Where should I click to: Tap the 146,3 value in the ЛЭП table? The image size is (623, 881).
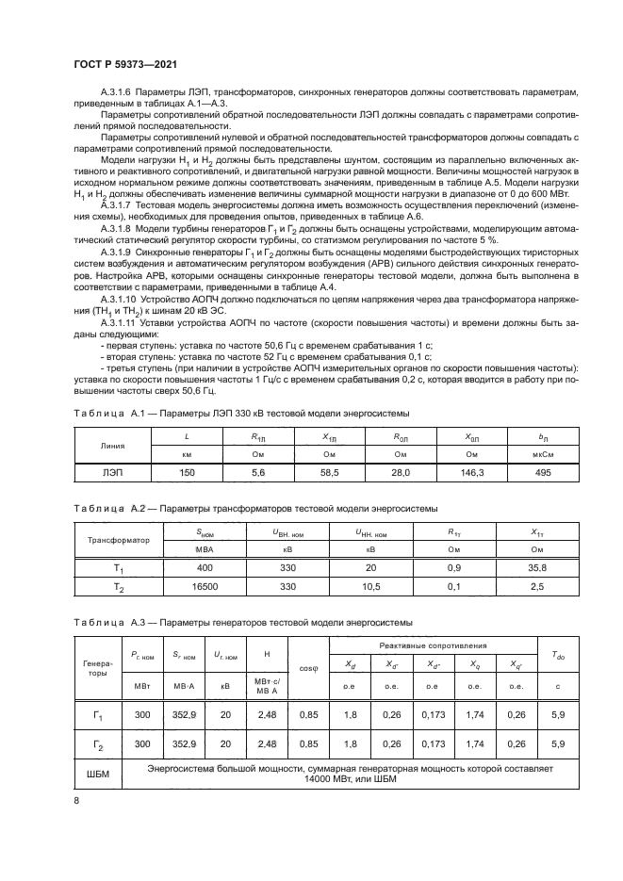point(474,472)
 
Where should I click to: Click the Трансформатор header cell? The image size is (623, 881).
point(119,540)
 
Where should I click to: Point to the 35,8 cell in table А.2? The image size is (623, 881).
point(539,569)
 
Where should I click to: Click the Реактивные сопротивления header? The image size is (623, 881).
point(432,645)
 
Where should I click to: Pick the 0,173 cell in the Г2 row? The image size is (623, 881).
point(432,743)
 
